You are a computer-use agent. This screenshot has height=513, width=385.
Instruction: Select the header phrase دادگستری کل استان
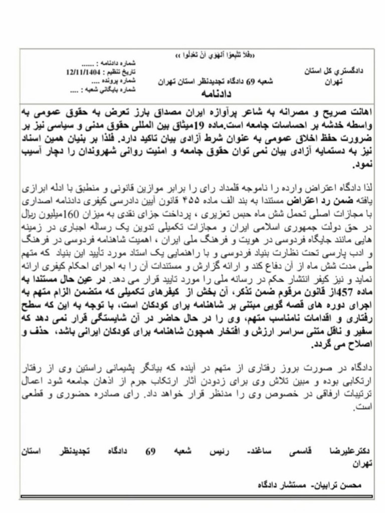[x=339, y=71]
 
